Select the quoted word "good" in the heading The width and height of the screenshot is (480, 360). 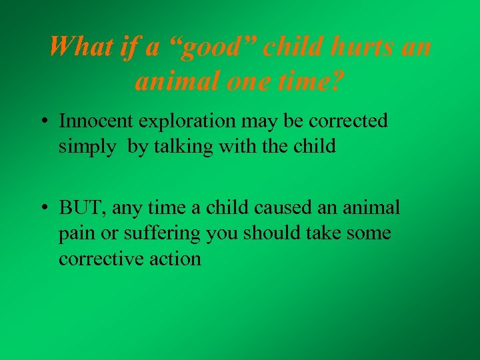click(215, 47)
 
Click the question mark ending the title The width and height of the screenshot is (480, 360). click(339, 81)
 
